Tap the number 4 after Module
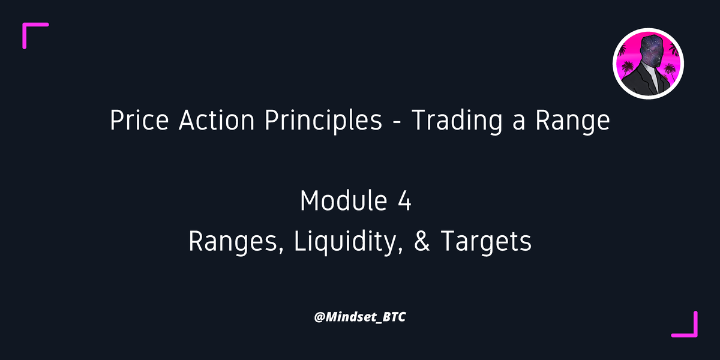click(x=404, y=200)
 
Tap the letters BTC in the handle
click(x=393, y=316)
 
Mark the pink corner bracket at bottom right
click(x=690, y=329)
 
